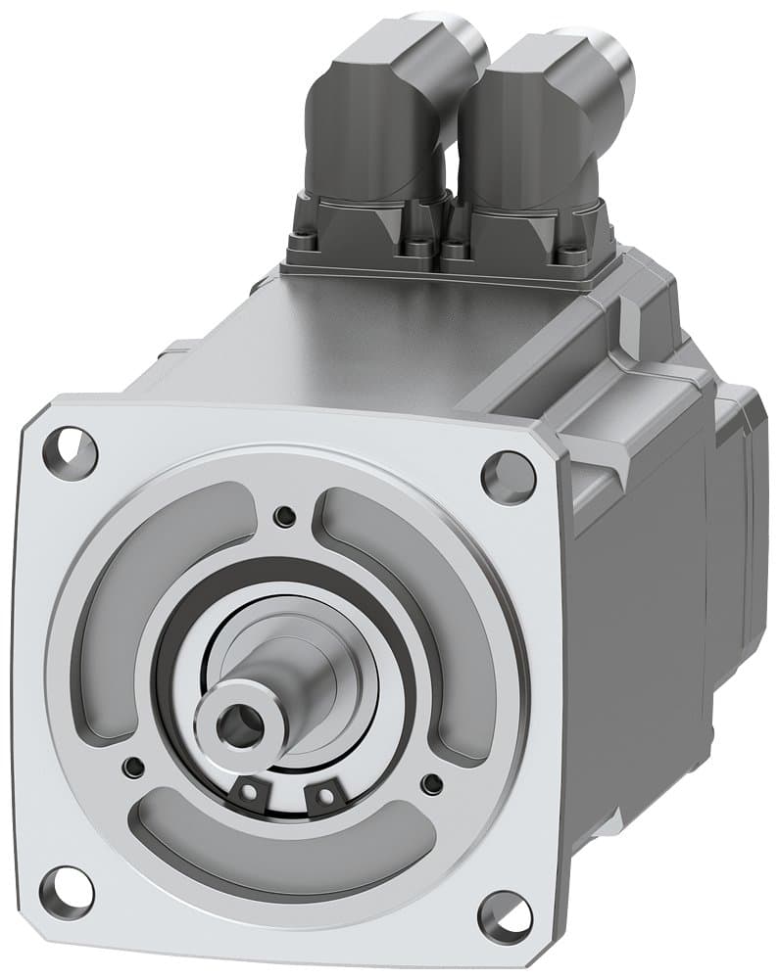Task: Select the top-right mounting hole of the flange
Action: [509, 477]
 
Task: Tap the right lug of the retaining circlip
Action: [320, 797]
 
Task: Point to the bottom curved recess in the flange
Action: [284, 852]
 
